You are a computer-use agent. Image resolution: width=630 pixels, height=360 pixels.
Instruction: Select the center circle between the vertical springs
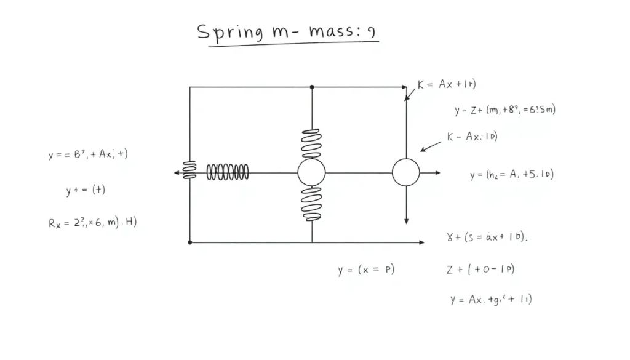click(311, 173)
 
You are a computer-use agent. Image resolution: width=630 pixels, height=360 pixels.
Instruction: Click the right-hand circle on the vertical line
click(406, 173)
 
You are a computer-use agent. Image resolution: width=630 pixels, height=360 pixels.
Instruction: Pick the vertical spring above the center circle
click(311, 143)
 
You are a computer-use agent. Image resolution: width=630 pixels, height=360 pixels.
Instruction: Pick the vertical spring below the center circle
click(311, 204)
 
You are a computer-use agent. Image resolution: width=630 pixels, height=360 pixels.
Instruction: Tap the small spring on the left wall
click(189, 170)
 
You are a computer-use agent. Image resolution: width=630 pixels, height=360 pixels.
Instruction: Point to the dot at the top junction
click(312, 87)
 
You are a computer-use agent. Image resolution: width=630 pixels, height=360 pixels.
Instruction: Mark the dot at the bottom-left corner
click(189, 242)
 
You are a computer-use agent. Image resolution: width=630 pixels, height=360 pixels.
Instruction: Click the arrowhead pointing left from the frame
click(177, 173)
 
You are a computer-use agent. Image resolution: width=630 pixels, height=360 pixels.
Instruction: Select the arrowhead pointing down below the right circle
click(406, 220)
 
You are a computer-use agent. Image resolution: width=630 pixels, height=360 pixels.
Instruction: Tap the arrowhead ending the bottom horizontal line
click(421, 242)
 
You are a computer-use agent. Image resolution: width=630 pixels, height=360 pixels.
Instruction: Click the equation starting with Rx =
click(92, 223)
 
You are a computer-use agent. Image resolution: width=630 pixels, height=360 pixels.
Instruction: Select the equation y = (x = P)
click(366, 270)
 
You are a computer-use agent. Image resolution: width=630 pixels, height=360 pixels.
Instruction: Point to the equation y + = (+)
click(86, 190)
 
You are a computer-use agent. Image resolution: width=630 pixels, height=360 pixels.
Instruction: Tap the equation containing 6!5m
click(505, 111)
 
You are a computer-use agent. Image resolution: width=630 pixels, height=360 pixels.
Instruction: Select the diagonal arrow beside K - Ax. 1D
click(431, 146)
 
